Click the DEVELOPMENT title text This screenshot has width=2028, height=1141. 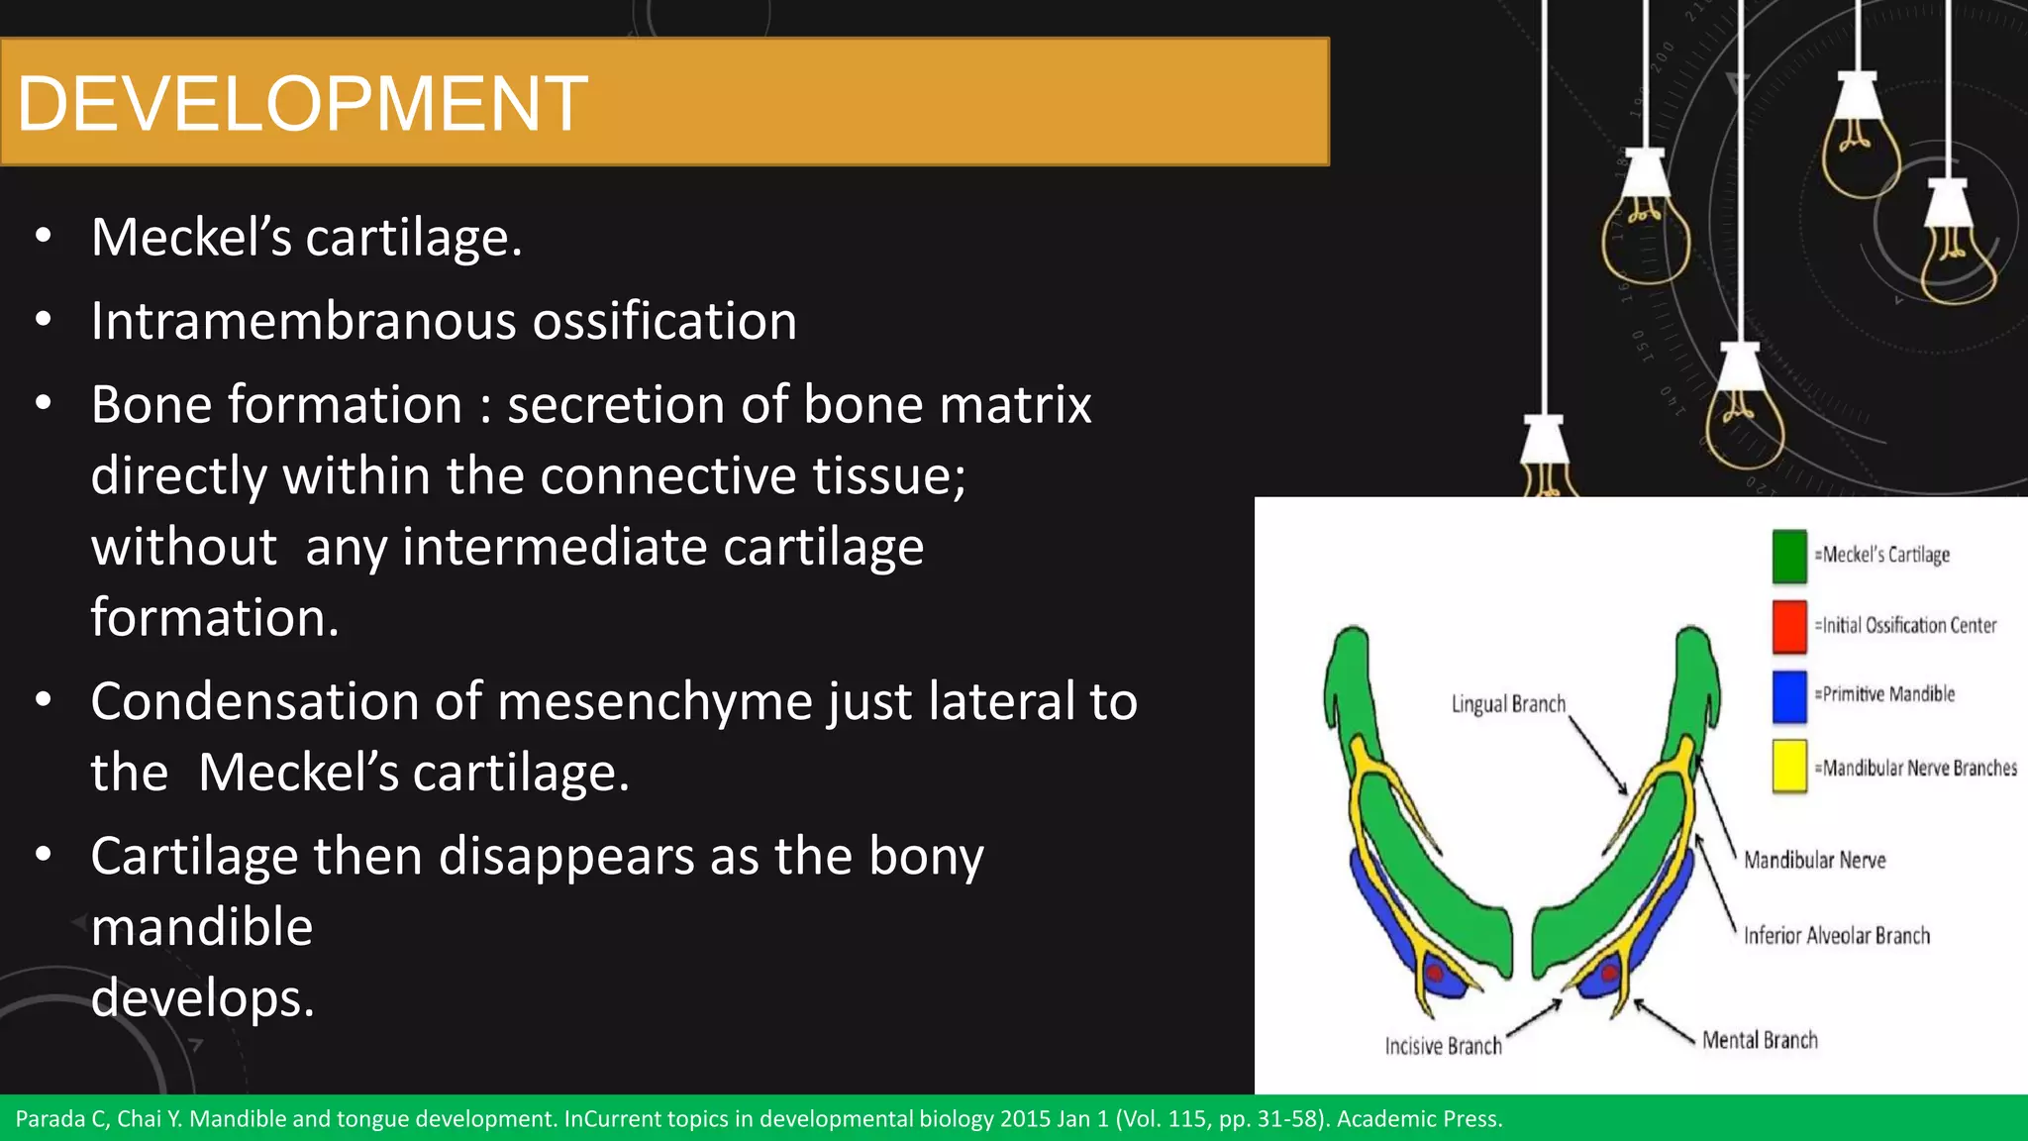(302, 104)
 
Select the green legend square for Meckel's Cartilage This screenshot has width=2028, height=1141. (1788, 556)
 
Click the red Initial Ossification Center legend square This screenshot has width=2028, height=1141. (1788, 626)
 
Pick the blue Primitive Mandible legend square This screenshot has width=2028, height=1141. (1788, 696)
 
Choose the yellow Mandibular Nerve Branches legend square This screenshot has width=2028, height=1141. (1788, 767)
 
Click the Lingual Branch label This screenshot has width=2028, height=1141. (1508, 704)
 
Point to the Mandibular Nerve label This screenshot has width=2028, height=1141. (1814, 860)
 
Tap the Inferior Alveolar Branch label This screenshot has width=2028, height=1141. (1836, 935)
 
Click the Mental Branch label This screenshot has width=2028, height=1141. (1760, 1040)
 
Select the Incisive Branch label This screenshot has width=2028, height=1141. (1443, 1046)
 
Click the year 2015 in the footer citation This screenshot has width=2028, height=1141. (1026, 1119)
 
